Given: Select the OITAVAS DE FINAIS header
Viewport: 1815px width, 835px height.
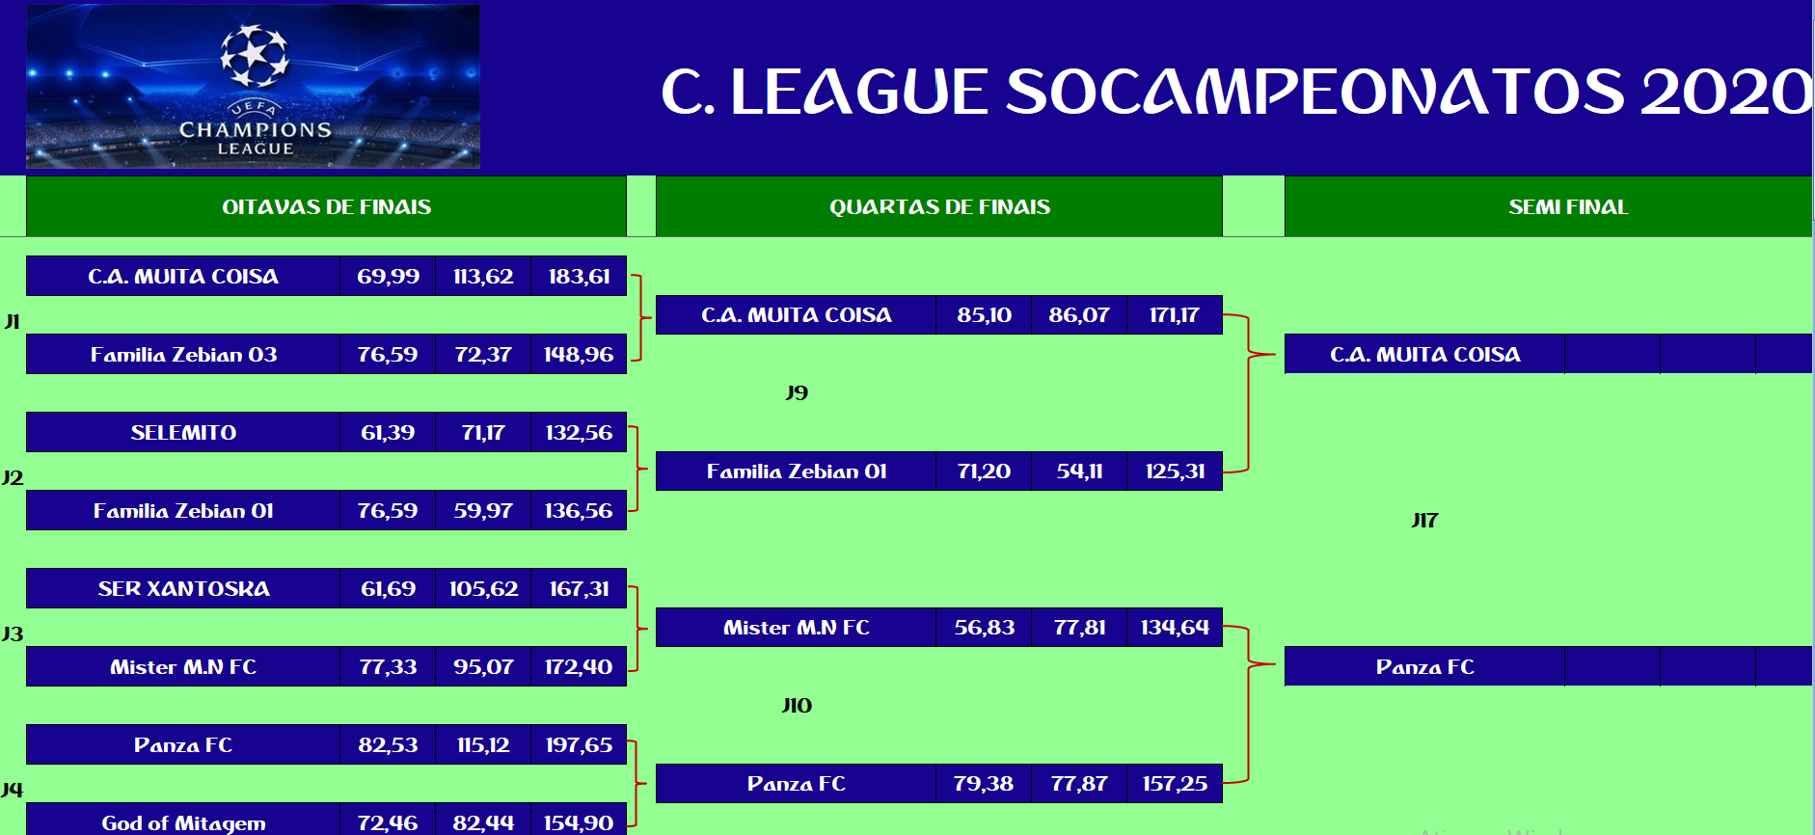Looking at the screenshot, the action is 326,206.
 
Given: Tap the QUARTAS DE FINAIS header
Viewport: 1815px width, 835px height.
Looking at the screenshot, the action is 939,206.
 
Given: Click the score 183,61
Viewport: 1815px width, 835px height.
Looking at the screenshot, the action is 579,276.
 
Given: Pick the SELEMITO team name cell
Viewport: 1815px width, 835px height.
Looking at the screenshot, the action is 183,432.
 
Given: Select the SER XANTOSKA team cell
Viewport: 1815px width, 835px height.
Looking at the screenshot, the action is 183,588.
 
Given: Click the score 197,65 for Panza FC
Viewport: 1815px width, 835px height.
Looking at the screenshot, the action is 579,744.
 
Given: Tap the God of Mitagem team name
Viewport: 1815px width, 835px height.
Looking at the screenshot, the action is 183,822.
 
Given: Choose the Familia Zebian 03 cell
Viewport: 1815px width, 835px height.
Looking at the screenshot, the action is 183,354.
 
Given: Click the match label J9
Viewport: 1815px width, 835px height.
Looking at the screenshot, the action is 797,392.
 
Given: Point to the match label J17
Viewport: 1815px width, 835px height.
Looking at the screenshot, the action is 1424,520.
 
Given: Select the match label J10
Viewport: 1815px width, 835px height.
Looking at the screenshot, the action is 797,705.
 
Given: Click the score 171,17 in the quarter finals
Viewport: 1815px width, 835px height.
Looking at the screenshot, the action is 1175,314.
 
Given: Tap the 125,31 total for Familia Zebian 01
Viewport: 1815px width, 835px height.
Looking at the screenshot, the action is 1175,471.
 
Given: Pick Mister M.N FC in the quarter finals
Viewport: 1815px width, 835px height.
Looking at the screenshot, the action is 797,627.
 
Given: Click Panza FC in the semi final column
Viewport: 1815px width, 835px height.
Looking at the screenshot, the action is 1424,666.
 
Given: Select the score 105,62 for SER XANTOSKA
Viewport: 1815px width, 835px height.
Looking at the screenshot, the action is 483,588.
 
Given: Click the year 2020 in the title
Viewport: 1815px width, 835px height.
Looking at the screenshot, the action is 1726,92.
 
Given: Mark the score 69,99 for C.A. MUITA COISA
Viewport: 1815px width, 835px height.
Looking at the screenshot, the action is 388,276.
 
